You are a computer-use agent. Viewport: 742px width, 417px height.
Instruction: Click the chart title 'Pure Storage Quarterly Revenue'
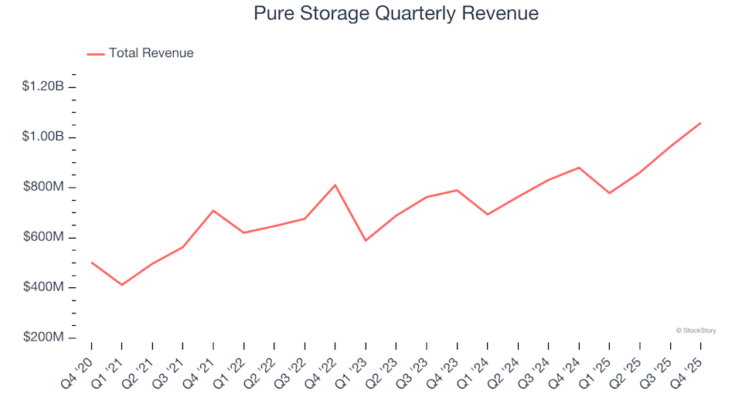pyautogui.click(x=396, y=14)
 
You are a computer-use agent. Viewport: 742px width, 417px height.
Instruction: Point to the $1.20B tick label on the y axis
pyautogui.click(x=43, y=86)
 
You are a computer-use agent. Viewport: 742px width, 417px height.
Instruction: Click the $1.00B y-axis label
pyautogui.click(x=43, y=137)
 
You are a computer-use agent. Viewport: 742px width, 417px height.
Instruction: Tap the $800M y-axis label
pyautogui.click(x=45, y=187)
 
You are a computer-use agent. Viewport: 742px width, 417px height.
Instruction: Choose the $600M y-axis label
pyautogui.click(x=45, y=237)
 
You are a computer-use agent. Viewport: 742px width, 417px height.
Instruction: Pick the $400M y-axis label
pyautogui.click(x=45, y=287)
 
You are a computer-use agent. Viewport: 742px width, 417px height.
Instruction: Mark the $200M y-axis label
pyautogui.click(x=45, y=337)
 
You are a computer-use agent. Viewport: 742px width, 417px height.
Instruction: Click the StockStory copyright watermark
pyautogui.click(x=696, y=331)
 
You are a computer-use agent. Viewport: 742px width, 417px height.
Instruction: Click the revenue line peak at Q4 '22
pyautogui.click(x=335, y=185)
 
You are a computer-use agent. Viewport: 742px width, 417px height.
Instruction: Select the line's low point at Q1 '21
pyautogui.click(x=121, y=285)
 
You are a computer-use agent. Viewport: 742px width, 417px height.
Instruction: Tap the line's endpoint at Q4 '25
pyautogui.click(x=700, y=123)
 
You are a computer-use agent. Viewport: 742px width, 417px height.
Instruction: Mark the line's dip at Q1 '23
pyautogui.click(x=366, y=241)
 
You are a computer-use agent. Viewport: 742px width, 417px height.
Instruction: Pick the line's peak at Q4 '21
pyautogui.click(x=213, y=210)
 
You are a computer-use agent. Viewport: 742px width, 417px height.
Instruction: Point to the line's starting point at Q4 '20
pyautogui.click(x=91, y=262)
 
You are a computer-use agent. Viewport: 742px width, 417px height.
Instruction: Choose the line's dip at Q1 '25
pyautogui.click(x=609, y=193)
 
